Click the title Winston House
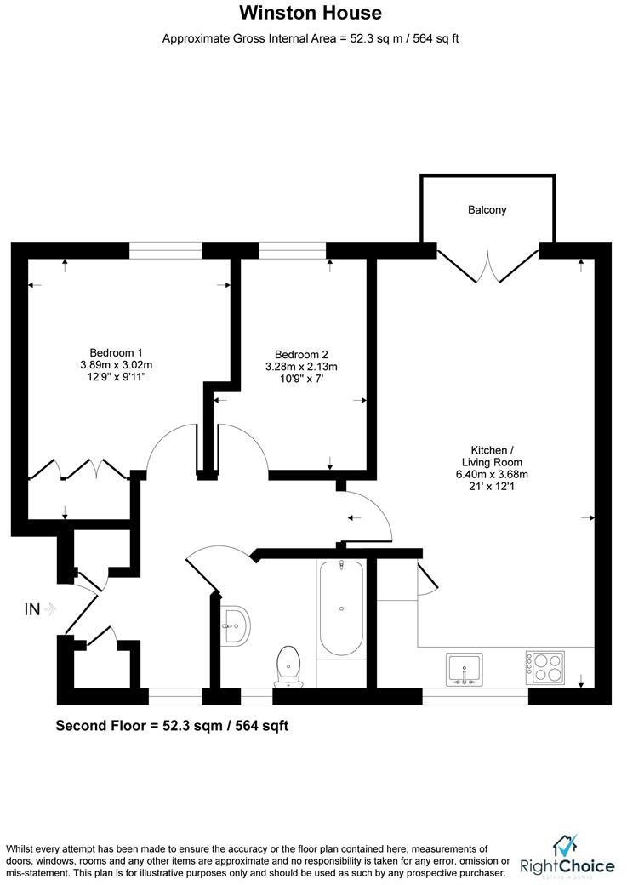click(x=310, y=13)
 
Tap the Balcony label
click(x=487, y=209)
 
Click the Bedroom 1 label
click(x=116, y=352)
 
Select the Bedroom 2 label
click(x=301, y=355)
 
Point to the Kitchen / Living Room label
click(x=492, y=456)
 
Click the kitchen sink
click(x=464, y=669)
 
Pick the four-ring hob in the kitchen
click(x=544, y=667)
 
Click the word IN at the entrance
click(x=32, y=609)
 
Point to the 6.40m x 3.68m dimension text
click(x=492, y=475)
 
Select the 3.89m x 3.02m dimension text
click(x=116, y=365)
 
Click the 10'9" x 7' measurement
click(x=301, y=380)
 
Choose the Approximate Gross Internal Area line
click(x=311, y=38)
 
